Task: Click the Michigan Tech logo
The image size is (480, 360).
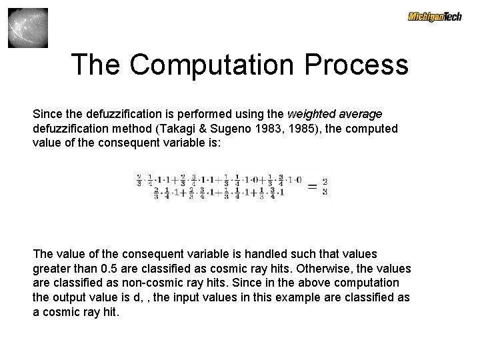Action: [x=435, y=17]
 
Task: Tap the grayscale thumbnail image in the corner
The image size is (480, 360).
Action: [x=28, y=28]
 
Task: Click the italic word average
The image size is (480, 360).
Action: [x=359, y=114]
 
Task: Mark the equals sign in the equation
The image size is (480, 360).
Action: [x=311, y=187]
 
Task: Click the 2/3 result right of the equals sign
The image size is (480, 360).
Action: [x=325, y=187]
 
